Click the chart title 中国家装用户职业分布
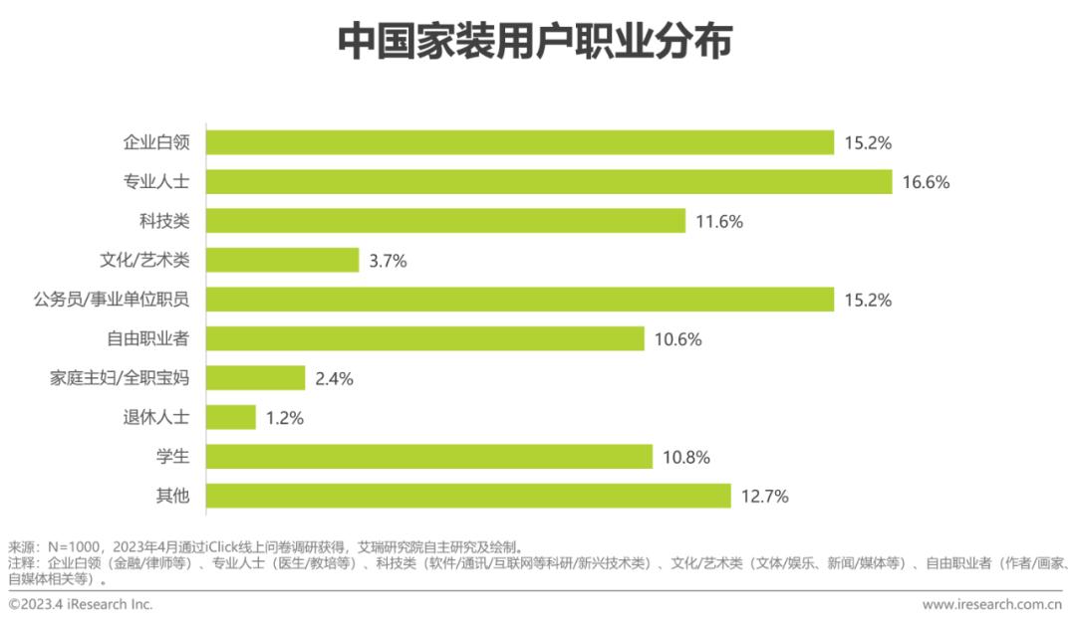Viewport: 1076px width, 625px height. click(535, 43)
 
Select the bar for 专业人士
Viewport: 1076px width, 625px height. click(549, 181)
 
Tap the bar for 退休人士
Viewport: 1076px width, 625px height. click(231, 417)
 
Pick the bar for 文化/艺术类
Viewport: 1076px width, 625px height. click(283, 260)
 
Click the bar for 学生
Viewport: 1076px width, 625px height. click(429, 457)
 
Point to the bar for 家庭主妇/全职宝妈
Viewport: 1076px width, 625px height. click(256, 378)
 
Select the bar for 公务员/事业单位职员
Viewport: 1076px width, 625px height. click(520, 300)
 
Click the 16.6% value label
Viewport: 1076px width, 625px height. click(926, 182)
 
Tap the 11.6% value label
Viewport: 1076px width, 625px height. click(718, 221)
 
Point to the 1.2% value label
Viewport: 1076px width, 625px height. click(284, 418)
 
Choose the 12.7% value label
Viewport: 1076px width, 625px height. click(764, 497)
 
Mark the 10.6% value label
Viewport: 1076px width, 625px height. click(677, 339)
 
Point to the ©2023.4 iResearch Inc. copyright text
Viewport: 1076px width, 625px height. click(81, 604)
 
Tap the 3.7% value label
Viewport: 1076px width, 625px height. click(387, 261)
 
